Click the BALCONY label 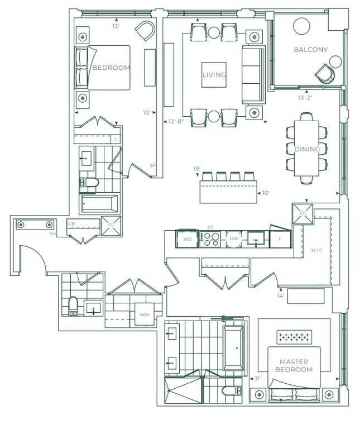(310, 50)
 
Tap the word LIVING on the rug (214, 75)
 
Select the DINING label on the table (307, 149)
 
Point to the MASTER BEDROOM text (294, 365)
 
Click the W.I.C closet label (316, 250)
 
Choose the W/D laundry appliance (145, 314)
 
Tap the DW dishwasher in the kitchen (234, 239)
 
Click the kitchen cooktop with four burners (210, 240)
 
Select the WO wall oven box (187, 239)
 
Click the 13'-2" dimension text (305, 98)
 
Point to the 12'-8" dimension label (176, 121)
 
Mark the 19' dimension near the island (197, 169)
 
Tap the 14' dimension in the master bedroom (280, 295)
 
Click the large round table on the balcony (301, 26)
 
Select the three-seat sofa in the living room (253, 75)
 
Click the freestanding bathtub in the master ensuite (233, 348)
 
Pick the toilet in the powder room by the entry (73, 306)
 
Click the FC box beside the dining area (303, 214)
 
